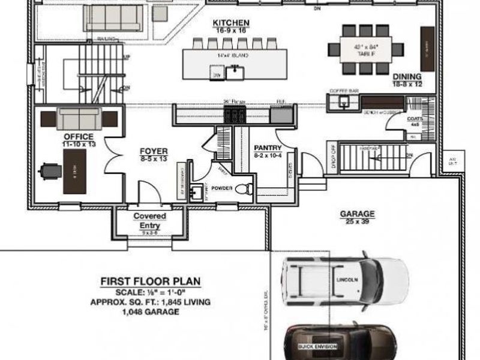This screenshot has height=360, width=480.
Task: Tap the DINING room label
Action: [407, 77]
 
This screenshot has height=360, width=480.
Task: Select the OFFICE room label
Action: [77, 137]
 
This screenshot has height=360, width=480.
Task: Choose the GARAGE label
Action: [357, 214]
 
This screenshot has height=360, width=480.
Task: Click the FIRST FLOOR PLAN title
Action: [150, 281]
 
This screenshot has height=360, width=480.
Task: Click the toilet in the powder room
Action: [243, 189]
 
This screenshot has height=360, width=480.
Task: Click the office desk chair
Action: [49, 171]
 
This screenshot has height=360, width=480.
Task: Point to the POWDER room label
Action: [221, 187]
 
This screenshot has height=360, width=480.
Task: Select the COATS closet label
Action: [414, 119]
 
